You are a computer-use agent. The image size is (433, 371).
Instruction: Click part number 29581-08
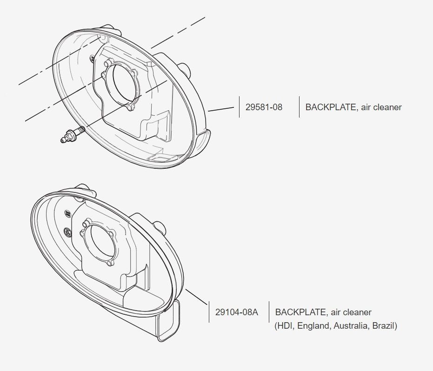click(264, 107)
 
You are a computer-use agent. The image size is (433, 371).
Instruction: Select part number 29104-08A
click(236, 312)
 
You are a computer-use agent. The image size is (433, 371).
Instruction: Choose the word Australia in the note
click(351, 326)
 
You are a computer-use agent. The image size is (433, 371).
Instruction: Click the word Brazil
click(383, 326)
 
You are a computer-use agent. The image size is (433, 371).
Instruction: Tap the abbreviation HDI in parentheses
click(285, 326)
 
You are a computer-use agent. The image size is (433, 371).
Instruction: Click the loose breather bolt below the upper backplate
click(72, 134)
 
